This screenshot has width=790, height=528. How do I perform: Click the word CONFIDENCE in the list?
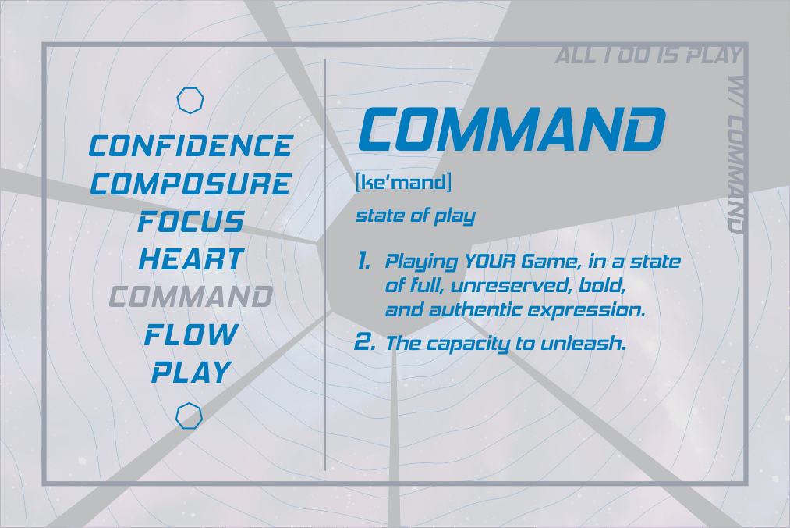(x=190, y=145)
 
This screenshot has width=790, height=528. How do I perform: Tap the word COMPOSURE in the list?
(x=190, y=184)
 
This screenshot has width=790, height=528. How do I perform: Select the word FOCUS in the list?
(x=191, y=222)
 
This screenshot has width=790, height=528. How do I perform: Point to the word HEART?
(x=191, y=259)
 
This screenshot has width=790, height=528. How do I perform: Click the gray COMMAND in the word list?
(x=191, y=296)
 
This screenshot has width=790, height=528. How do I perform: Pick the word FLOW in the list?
(x=191, y=334)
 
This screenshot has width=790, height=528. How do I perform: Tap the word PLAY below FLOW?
(x=191, y=372)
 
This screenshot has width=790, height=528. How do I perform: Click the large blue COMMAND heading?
(x=512, y=129)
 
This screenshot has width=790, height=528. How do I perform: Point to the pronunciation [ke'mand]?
(x=403, y=182)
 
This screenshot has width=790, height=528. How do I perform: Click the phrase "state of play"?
(x=416, y=216)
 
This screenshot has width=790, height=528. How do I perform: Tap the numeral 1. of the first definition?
(x=363, y=261)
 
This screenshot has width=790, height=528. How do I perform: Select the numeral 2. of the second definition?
(x=365, y=342)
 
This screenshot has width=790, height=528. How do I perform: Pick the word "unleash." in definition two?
(x=583, y=343)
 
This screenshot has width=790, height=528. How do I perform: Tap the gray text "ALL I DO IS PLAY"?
(x=648, y=55)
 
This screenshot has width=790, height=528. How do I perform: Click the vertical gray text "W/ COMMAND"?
(x=736, y=155)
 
